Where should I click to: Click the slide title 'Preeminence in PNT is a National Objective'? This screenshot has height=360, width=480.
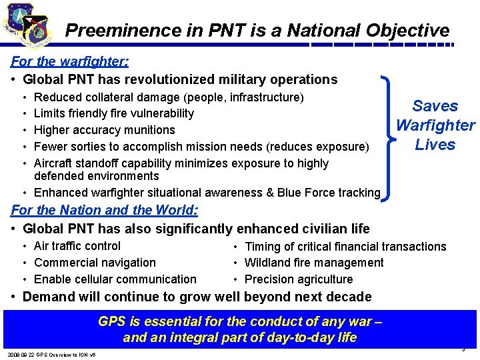[257, 31]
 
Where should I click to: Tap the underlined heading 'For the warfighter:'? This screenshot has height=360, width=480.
[70, 62]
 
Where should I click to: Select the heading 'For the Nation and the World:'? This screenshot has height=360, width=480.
[105, 210]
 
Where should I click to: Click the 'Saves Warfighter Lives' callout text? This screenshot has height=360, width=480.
[435, 125]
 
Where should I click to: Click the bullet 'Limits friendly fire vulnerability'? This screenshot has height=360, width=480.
[113, 113]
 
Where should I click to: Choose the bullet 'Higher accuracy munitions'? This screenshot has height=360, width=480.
[104, 130]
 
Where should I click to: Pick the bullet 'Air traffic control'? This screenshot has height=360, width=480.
[77, 246]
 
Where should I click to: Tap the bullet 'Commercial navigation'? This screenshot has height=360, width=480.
[95, 263]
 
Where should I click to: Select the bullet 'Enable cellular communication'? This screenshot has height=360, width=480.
[115, 279]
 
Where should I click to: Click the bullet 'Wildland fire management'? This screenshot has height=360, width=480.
[314, 263]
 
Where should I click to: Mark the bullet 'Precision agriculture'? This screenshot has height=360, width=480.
[299, 280]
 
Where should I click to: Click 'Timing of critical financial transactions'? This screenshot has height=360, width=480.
[345, 247]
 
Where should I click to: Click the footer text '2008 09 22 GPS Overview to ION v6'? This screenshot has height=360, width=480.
[51, 354]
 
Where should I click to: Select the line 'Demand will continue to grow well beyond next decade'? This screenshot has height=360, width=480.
[197, 297]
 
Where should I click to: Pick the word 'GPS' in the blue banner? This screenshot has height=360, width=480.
[111, 321]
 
